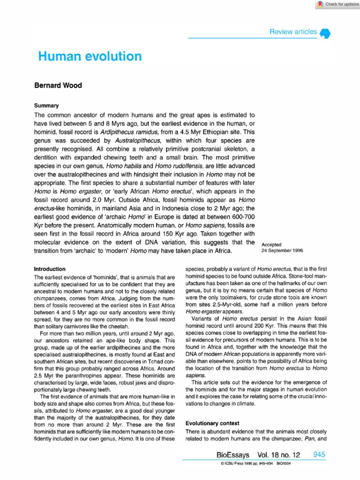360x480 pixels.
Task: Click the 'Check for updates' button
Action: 337,4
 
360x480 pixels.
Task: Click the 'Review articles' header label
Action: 293,32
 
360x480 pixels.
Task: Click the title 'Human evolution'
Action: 90,57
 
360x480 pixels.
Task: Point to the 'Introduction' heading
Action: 50,269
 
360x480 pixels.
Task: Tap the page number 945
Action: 319,455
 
